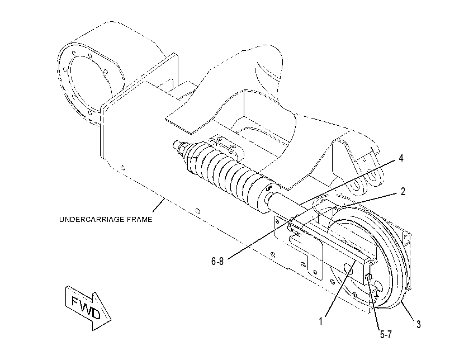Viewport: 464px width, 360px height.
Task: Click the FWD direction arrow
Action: pyautogui.click(x=88, y=308)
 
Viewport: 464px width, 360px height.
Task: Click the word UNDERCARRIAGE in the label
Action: pyautogui.click(x=92, y=220)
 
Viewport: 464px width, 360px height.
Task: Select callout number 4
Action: pyautogui.click(x=401, y=158)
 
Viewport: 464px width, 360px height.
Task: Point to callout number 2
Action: pyautogui.click(x=403, y=192)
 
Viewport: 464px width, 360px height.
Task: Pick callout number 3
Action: pyautogui.click(x=418, y=324)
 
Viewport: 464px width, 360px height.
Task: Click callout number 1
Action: pyautogui.click(x=320, y=321)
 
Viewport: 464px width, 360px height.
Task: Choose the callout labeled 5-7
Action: pyautogui.click(x=386, y=334)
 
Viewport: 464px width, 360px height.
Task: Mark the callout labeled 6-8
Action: pyautogui.click(x=217, y=261)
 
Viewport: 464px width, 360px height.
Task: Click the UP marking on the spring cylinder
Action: pyautogui.click(x=269, y=188)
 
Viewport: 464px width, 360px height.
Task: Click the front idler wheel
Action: pyautogui.click(x=370, y=257)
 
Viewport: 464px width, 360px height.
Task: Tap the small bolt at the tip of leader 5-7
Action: pyautogui.click(x=368, y=277)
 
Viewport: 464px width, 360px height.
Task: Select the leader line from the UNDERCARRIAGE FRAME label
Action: pyautogui.click(x=159, y=205)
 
